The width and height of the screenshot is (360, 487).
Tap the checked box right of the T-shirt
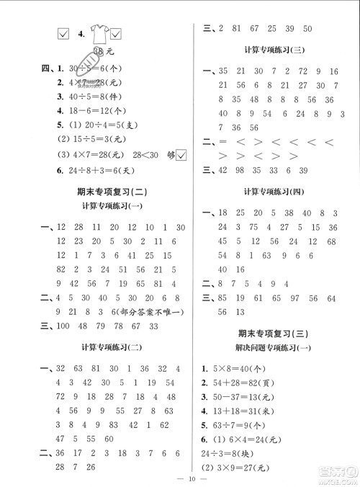point(116,32)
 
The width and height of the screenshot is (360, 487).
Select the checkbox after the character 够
point(181,156)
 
